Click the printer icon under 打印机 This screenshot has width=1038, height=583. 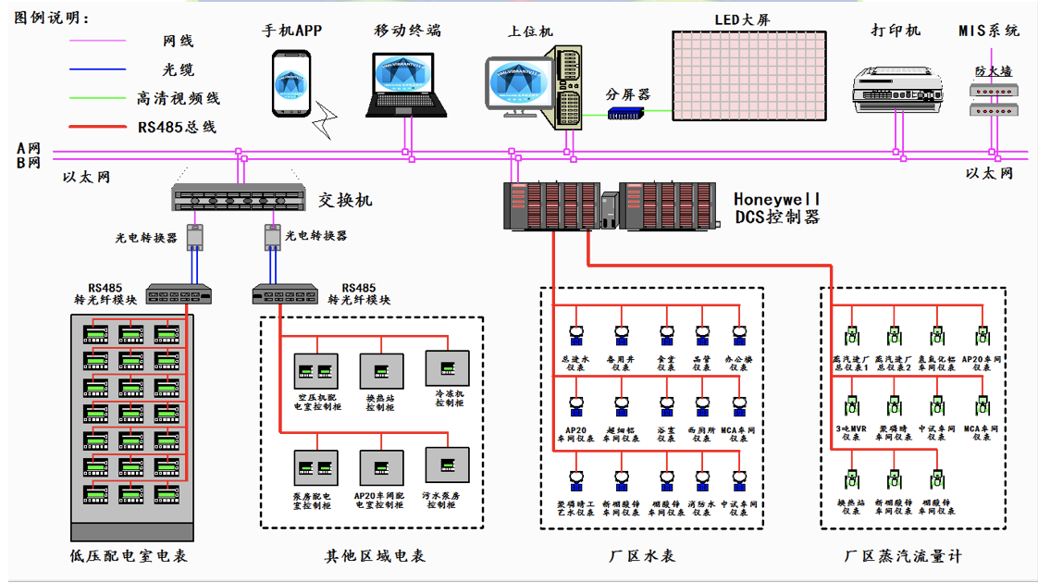pyautogui.click(x=896, y=89)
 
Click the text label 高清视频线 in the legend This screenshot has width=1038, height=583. pyautogui.click(x=179, y=98)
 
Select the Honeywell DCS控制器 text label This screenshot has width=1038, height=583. pyautogui.click(x=777, y=208)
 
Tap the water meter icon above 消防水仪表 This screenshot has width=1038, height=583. pyautogui.click(x=701, y=478)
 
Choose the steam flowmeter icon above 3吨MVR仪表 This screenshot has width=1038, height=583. pyautogui.click(x=851, y=406)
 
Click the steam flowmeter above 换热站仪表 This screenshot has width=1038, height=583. pyautogui.click(x=851, y=478)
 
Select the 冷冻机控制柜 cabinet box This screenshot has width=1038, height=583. pyautogui.click(x=448, y=367)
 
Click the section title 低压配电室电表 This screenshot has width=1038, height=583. pyautogui.click(x=135, y=556)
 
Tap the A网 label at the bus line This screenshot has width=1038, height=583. pyautogui.click(x=29, y=148)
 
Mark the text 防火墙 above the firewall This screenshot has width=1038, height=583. pyautogui.click(x=993, y=71)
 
